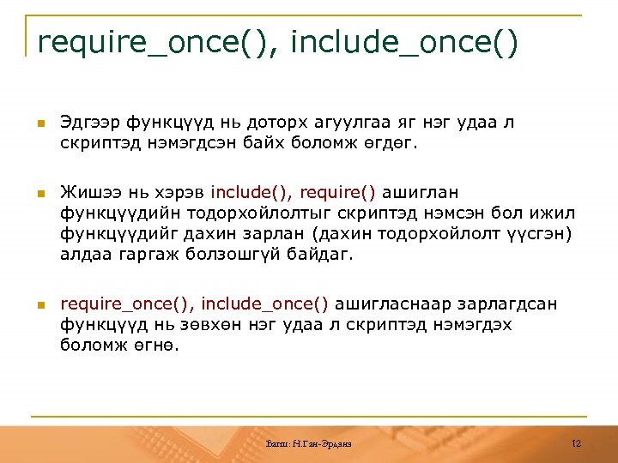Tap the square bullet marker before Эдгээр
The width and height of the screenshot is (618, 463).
point(39,123)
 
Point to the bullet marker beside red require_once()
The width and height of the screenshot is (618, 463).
point(39,304)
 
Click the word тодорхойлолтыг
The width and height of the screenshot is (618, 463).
point(239,213)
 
